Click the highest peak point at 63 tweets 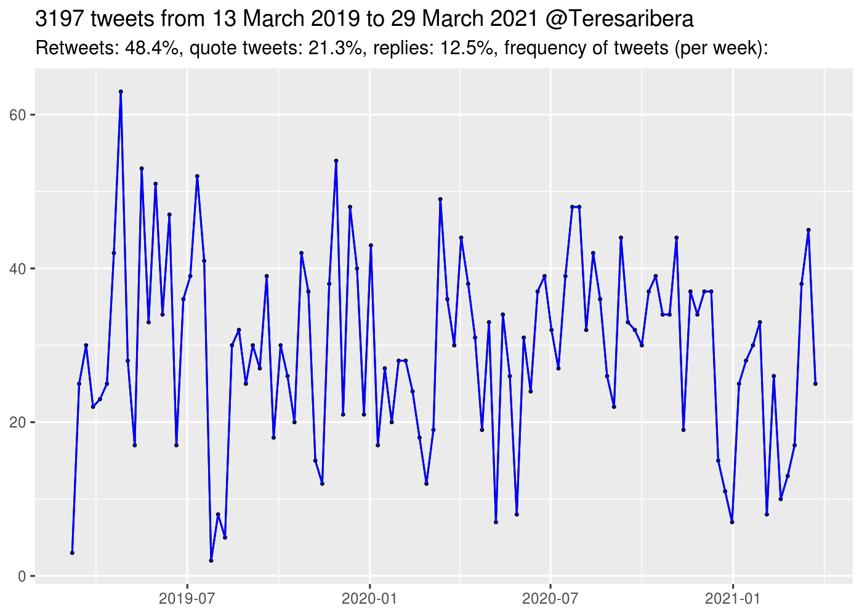[121, 91]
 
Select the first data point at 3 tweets [72, 553]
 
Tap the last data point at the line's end [815, 384]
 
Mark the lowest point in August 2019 [211, 561]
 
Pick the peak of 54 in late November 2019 [336, 161]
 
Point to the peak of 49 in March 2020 [440, 199]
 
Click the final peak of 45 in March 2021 [808, 230]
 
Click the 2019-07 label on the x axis [187, 598]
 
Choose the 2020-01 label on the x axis [369, 598]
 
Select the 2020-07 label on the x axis [550, 598]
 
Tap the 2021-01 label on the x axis [733, 598]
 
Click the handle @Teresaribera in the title [619, 19]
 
